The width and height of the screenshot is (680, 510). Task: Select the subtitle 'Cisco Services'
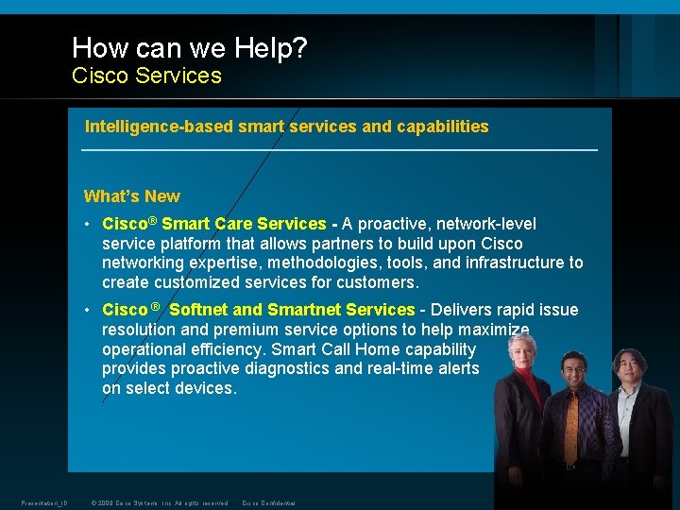146,76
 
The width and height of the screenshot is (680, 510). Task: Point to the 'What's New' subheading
131,196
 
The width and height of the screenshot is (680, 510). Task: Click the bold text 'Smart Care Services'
244,224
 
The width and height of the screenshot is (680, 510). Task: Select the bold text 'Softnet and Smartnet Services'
292,310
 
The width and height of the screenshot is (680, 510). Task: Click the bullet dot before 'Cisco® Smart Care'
88,225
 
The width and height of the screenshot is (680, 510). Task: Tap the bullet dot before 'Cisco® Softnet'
88,311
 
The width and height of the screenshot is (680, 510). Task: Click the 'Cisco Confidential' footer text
269,502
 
